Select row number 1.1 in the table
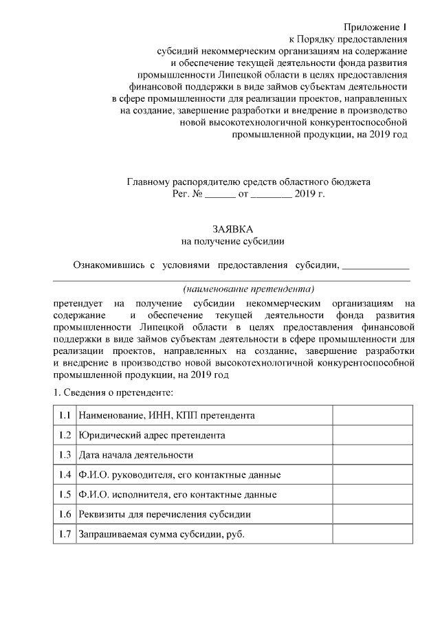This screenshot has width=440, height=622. [x=65, y=416]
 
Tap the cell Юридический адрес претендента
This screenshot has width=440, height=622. [x=151, y=435]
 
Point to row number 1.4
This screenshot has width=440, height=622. [x=65, y=475]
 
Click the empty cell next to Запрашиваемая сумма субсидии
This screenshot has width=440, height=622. [x=373, y=534]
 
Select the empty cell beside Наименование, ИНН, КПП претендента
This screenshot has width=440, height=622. [x=373, y=416]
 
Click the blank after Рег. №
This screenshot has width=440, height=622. [x=220, y=196]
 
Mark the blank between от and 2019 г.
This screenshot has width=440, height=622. [x=272, y=196]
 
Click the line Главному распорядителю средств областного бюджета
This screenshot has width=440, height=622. [x=249, y=183]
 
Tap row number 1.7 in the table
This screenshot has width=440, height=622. [x=65, y=534]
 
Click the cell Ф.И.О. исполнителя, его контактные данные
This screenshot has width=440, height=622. [x=178, y=495]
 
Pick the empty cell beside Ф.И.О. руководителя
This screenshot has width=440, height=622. [x=373, y=475]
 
